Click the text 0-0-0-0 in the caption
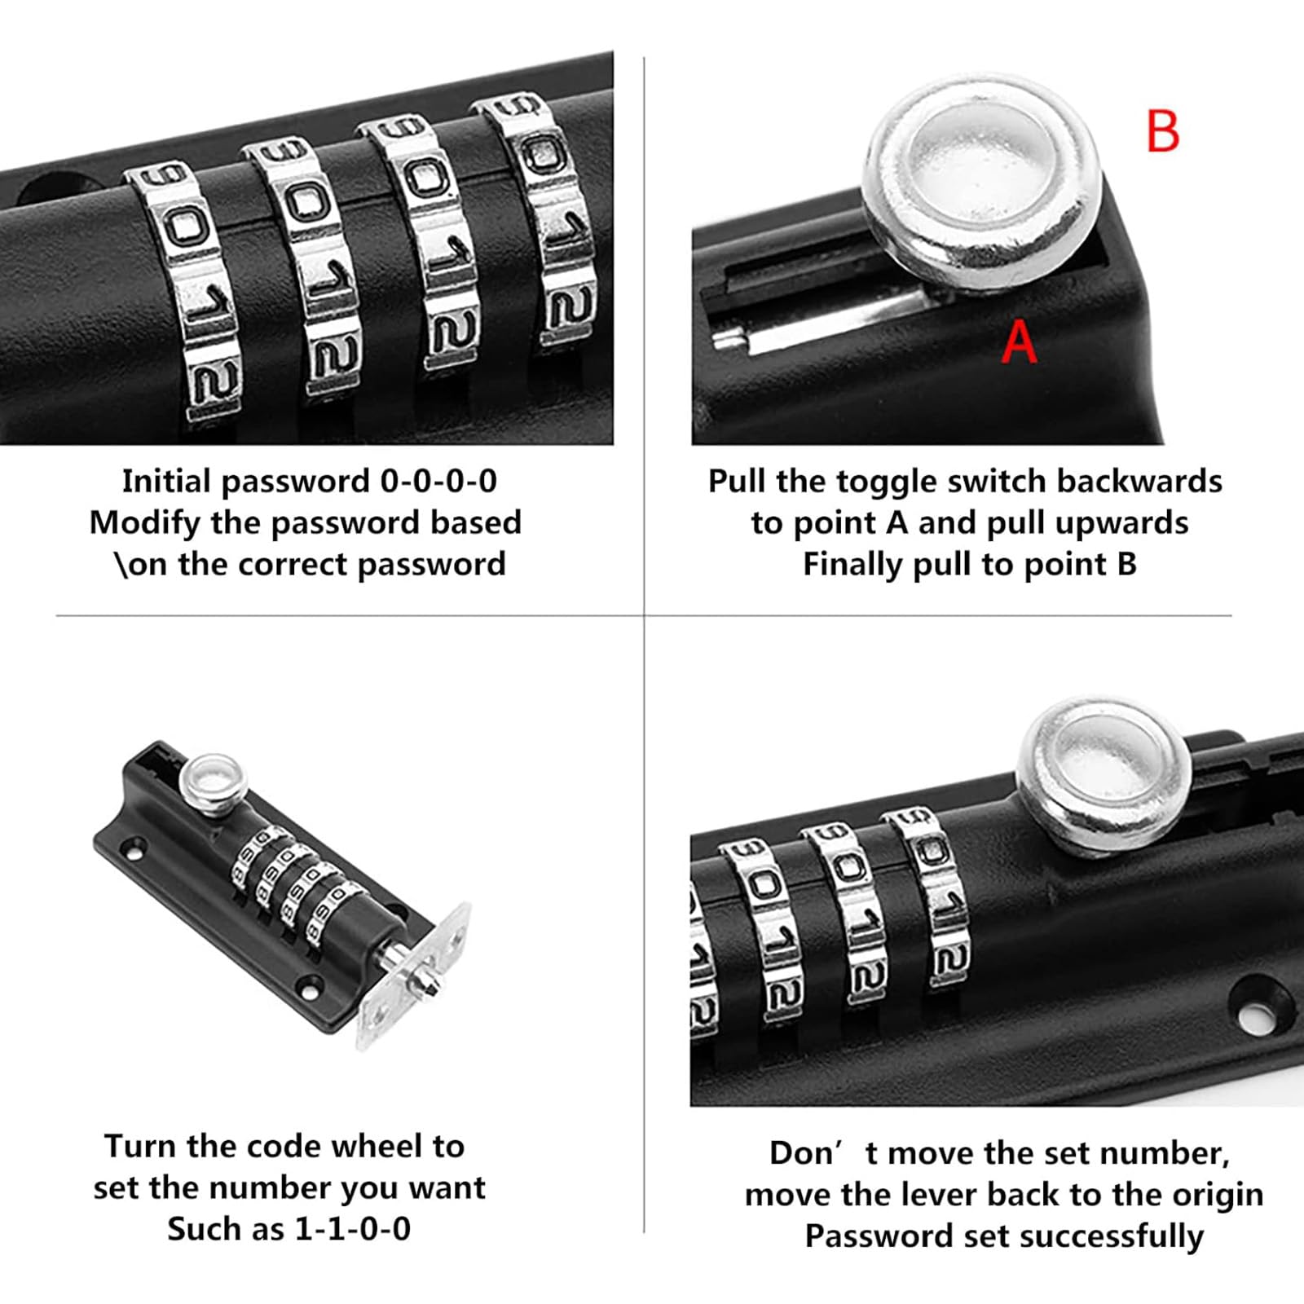point(438,481)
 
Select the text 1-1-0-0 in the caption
point(352,1228)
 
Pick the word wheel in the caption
point(387,1146)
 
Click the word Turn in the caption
point(141,1146)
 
